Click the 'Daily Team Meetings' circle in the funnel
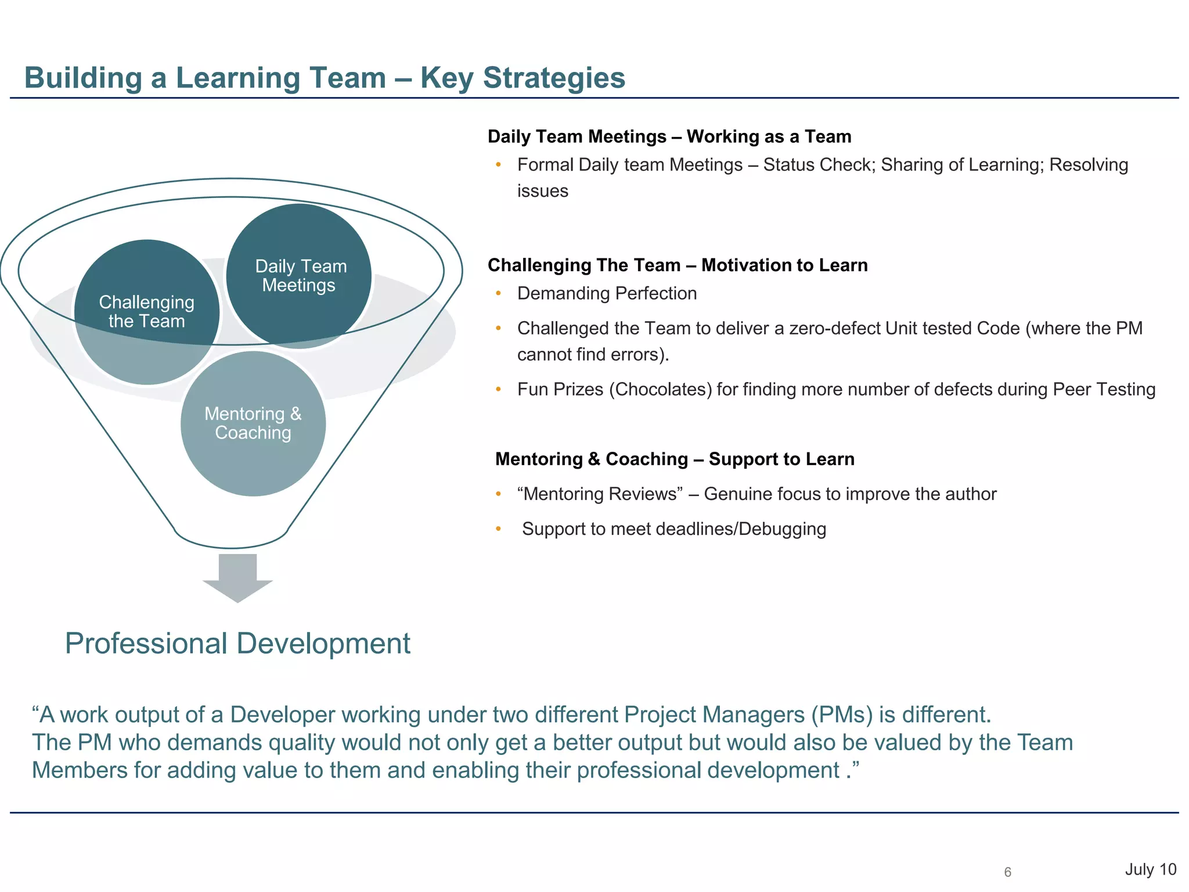point(299,276)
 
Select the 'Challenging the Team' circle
point(146,312)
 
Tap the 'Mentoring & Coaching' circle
point(253,423)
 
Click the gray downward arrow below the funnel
point(237,578)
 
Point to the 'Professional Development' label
point(237,643)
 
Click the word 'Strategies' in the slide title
point(554,78)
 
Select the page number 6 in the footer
point(1007,872)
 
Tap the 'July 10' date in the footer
point(1150,869)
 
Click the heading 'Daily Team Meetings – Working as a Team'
point(669,136)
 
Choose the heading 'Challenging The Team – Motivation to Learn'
point(678,265)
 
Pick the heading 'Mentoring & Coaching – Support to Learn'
point(675,459)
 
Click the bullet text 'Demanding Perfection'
point(607,294)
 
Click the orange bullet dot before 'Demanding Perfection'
point(498,294)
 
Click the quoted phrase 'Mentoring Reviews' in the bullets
point(600,494)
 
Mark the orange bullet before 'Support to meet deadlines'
point(498,529)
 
